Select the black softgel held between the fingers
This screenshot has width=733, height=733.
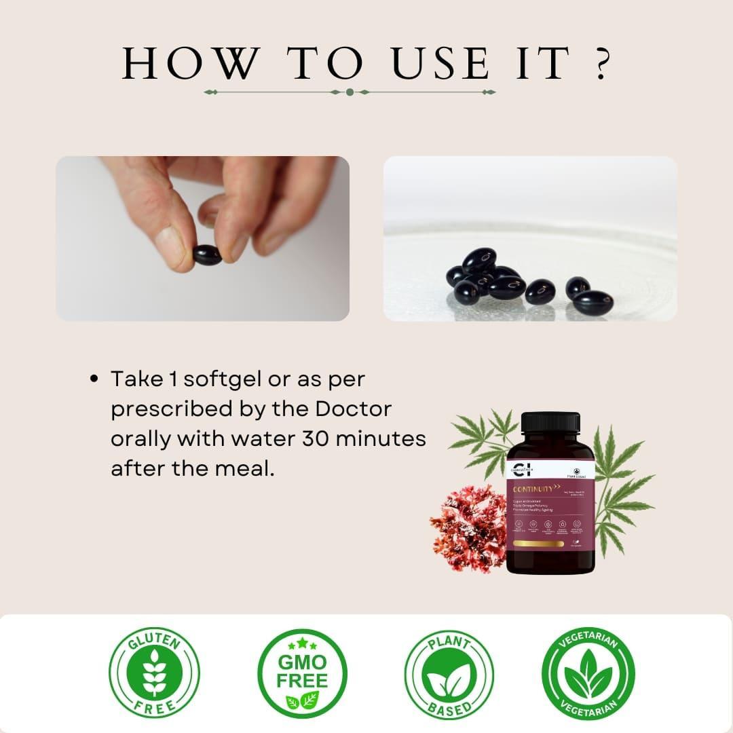pyautogui.click(x=206, y=255)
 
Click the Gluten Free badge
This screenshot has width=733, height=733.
pyautogui.click(x=154, y=673)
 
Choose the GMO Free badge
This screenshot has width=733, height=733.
pyautogui.click(x=302, y=673)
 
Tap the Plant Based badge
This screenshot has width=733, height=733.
pyautogui.click(x=449, y=673)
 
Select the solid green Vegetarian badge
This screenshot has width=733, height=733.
pyautogui.click(x=588, y=673)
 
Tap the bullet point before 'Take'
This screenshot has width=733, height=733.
pyautogui.click(x=95, y=379)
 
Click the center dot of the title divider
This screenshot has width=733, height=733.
pyautogui.click(x=350, y=92)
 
